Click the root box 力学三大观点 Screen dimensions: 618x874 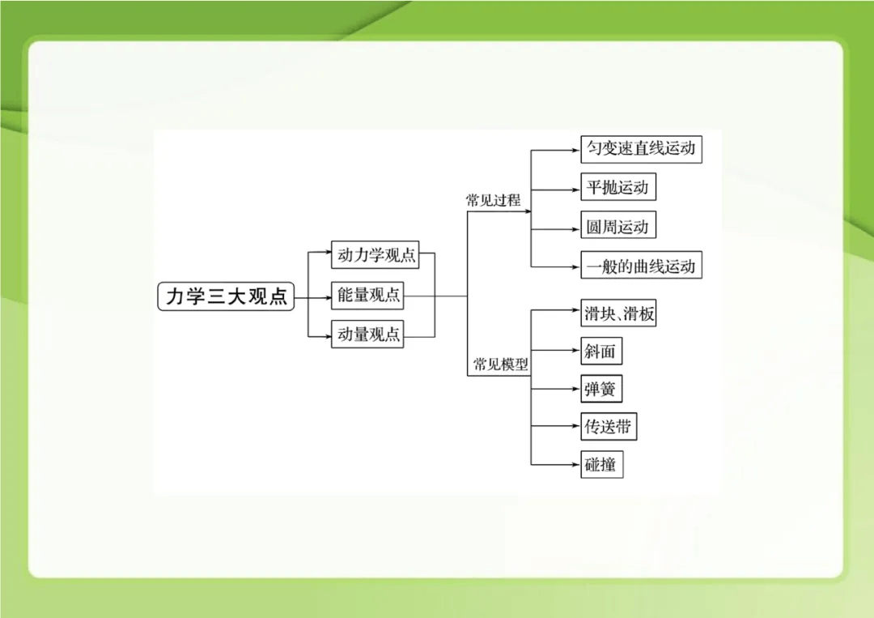click(x=226, y=296)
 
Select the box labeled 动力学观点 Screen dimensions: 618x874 click(x=376, y=255)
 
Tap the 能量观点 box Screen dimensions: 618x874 click(x=368, y=296)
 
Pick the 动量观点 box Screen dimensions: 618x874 click(x=368, y=334)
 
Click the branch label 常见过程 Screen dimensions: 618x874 click(x=493, y=201)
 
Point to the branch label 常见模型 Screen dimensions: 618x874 click(x=500, y=364)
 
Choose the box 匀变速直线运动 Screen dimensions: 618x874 click(x=641, y=149)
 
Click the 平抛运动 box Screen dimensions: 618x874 click(x=617, y=188)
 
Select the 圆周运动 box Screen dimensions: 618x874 click(x=617, y=227)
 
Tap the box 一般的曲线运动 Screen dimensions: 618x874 click(x=641, y=266)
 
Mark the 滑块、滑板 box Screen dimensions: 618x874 click(x=618, y=313)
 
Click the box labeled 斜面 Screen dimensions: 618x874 click(x=601, y=352)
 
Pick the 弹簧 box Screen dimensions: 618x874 click(x=601, y=390)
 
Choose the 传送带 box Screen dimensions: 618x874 click(x=609, y=427)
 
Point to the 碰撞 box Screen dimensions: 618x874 click(x=601, y=465)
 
